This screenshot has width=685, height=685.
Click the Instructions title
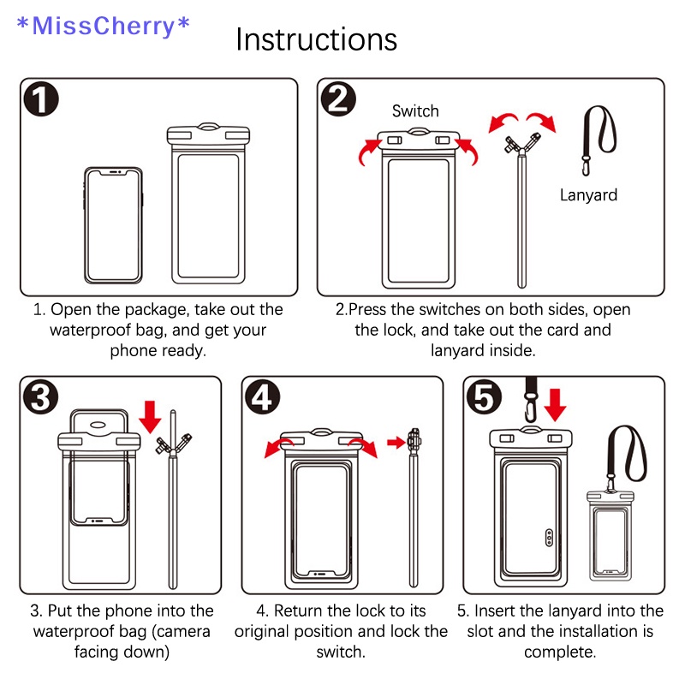(316, 39)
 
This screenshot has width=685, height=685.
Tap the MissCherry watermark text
(104, 26)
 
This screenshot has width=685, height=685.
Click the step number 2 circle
(340, 100)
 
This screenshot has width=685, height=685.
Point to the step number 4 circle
(263, 399)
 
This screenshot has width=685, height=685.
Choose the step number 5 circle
(485, 398)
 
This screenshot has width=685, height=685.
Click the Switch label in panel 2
(415, 110)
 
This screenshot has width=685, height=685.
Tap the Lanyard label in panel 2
(588, 194)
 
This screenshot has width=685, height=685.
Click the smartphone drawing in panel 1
(115, 224)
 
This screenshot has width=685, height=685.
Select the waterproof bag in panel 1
(208, 205)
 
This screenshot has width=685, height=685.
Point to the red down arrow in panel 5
(556, 403)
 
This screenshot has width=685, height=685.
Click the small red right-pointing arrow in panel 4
(396, 442)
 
